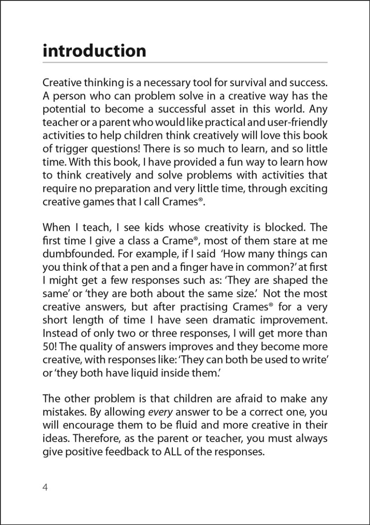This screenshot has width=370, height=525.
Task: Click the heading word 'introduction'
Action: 94,51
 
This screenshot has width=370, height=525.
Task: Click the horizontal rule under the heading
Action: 185,62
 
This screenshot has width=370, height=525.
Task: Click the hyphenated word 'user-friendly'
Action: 299,123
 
